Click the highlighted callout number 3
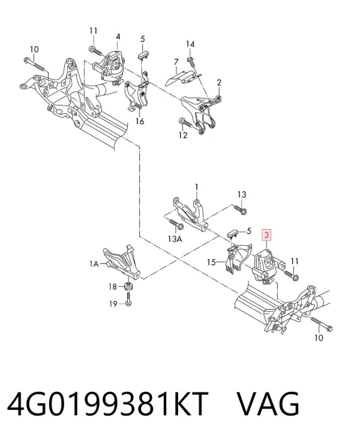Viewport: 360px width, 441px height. point(266,235)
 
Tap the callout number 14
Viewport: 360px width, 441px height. point(190,44)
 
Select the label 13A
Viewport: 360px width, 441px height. point(175,239)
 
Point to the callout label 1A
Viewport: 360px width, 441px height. point(94,264)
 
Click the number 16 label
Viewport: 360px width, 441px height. point(140,121)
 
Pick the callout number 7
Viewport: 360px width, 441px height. point(176,62)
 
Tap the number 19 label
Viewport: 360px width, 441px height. point(113,304)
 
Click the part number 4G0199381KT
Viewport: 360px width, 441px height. point(107,404)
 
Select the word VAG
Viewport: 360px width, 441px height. point(268,404)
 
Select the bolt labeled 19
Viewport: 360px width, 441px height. point(128,298)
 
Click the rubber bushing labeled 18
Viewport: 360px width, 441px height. point(128,287)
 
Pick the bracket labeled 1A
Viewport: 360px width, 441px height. point(122,262)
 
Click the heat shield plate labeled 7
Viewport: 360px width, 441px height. point(184,77)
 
